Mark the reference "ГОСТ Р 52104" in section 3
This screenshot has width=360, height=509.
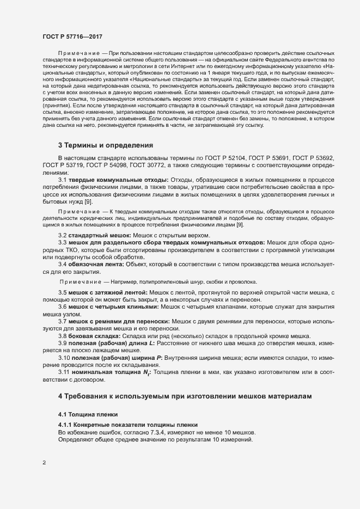[237, 157]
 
